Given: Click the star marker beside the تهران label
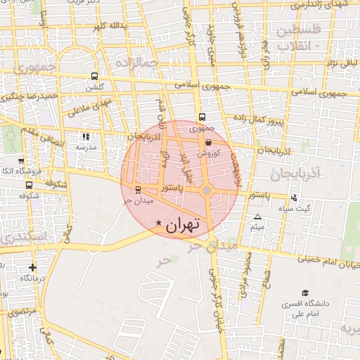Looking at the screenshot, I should click(x=157, y=223).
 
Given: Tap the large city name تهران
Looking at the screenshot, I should click(x=182, y=224).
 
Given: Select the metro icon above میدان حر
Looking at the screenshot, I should click(x=138, y=190).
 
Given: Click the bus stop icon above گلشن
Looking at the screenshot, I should click(x=94, y=77).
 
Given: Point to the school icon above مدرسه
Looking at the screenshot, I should click(x=85, y=136).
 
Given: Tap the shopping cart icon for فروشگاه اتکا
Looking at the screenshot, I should click(x=20, y=161).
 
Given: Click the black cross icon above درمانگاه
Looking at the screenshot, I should click(x=32, y=267).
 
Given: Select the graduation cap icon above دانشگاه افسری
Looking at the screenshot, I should click(x=305, y=292).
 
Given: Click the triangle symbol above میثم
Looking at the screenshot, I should click(x=257, y=217).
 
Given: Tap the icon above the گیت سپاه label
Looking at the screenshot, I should click(x=293, y=198).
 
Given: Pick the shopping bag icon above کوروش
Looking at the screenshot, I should click(x=210, y=141).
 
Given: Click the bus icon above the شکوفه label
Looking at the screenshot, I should click(x=28, y=186).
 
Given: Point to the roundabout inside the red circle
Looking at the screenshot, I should click(x=207, y=191).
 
